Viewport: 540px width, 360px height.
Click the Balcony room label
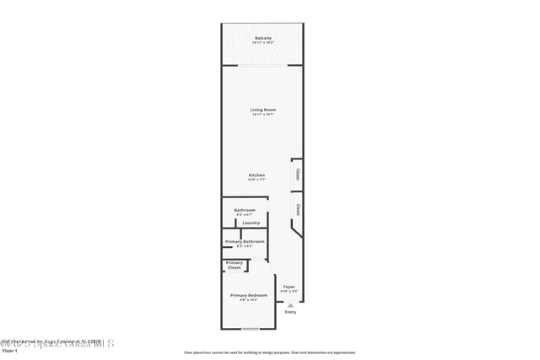click(262, 38)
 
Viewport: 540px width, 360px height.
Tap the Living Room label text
click(262, 110)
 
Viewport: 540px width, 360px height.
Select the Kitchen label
click(256, 175)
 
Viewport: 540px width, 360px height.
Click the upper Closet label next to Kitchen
click(298, 175)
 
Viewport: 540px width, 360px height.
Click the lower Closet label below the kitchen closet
click(298, 207)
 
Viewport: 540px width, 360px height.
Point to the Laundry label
click(251, 223)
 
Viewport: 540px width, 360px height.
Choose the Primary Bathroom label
click(245, 241)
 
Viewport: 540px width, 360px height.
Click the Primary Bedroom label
click(249, 295)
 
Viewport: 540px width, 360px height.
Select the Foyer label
click(289, 287)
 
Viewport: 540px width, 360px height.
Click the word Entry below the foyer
click(290, 312)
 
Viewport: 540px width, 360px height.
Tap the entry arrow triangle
click(290, 305)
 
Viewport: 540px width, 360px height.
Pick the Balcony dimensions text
click(262, 43)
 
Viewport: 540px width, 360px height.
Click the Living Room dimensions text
click(262, 115)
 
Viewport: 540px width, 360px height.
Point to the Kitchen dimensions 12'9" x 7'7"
click(256, 180)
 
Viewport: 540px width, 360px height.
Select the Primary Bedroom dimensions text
click(249, 300)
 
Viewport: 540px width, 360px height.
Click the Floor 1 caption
click(9, 350)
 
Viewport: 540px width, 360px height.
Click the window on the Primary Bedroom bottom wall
click(250, 328)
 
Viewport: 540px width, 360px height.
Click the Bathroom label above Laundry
click(245, 209)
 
